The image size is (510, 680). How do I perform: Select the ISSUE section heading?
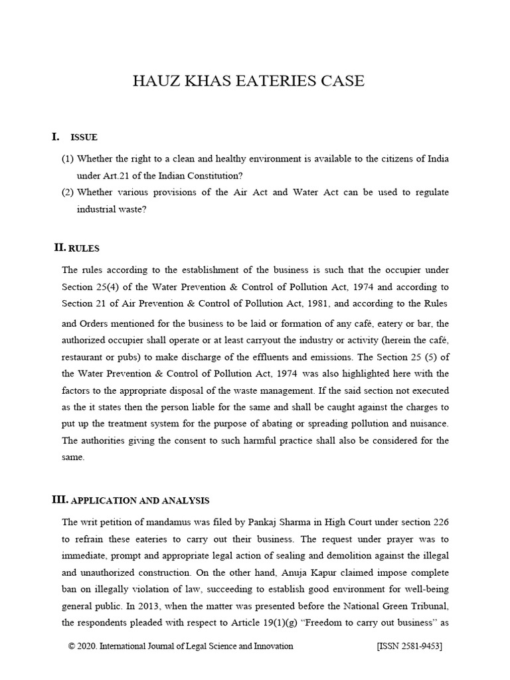click(84, 137)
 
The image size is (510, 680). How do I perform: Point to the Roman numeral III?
click(59, 499)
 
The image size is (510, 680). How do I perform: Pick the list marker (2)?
click(68, 192)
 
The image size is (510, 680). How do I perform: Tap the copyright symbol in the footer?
click(72, 646)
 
